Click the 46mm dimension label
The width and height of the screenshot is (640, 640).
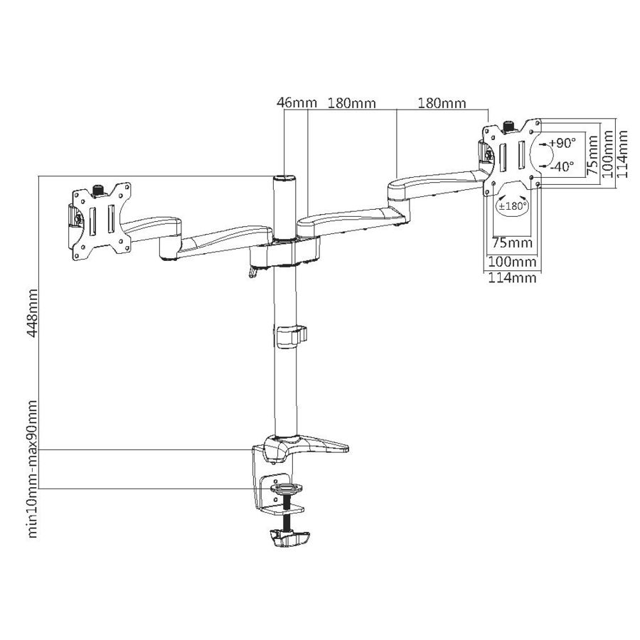coord(297,103)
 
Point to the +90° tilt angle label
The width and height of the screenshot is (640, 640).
coord(562,143)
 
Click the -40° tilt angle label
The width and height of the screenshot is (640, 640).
coord(561,166)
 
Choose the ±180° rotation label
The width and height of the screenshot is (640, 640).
coord(513,206)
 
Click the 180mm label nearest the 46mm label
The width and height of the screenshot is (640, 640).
coord(351,103)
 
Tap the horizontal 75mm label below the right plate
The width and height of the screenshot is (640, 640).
coord(513,243)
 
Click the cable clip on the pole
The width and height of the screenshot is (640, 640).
coord(291,336)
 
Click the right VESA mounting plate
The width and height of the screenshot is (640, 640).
coord(511,153)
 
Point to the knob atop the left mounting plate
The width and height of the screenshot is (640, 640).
coord(99,188)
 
